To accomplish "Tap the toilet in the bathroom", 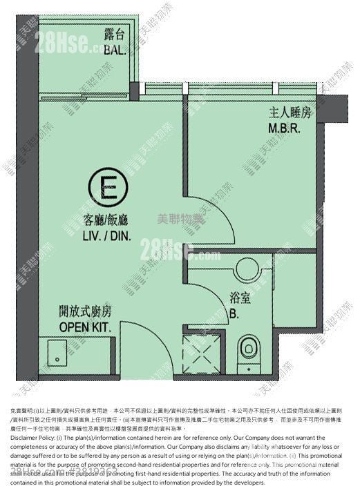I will (x=247, y=349).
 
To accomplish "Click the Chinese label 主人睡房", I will (x=283, y=113).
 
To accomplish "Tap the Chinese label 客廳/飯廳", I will (x=106, y=220).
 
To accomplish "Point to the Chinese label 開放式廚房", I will (x=85, y=312).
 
